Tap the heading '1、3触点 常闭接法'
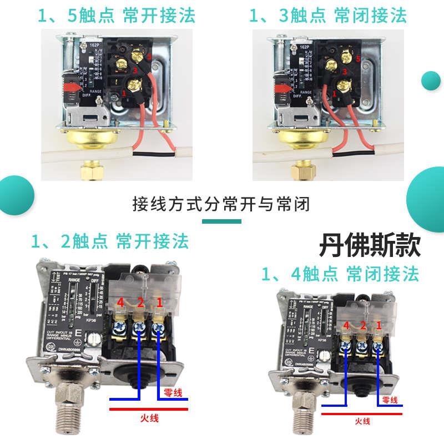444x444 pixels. (x=328, y=15)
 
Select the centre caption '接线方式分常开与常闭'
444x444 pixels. (x=221, y=204)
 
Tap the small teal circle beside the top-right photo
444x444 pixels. (x=431, y=81)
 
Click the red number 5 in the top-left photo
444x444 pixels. (x=149, y=58)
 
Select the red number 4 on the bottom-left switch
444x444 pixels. (x=120, y=303)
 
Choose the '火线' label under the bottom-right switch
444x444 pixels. (x=364, y=422)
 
